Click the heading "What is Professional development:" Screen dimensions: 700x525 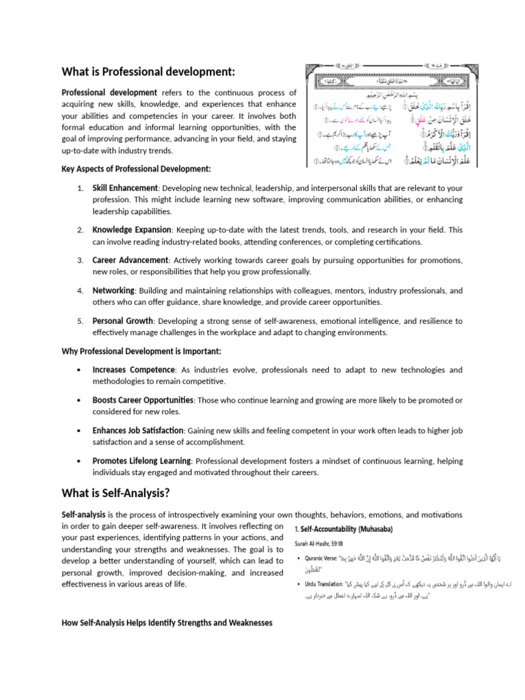tap(148, 72)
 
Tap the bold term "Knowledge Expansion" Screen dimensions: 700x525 tap(131, 230)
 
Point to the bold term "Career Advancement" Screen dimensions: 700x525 tap(130, 260)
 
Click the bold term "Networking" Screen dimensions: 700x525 tap(113, 291)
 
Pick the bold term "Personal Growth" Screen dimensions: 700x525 tap(122, 321)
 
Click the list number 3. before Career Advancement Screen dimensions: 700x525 tap(80, 260)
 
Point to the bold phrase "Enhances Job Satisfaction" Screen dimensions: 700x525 tap(138, 430)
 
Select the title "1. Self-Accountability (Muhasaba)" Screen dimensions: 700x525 tap(343, 529)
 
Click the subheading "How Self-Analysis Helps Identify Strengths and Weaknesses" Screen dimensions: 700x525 tap(167, 604)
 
